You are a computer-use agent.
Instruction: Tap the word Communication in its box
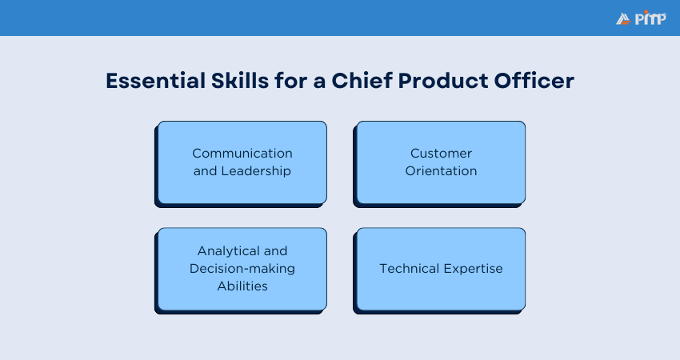[x=242, y=153]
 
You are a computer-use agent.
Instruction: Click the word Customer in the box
[x=441, y=153]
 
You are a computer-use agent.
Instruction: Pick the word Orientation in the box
[x=441, y=170]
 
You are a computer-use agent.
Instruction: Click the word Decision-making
[x=242, y=268]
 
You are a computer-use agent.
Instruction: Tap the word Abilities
[x=242, y=286]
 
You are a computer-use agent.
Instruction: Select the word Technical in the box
[x=407, y=268]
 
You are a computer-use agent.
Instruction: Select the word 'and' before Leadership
[x=205, y=170]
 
